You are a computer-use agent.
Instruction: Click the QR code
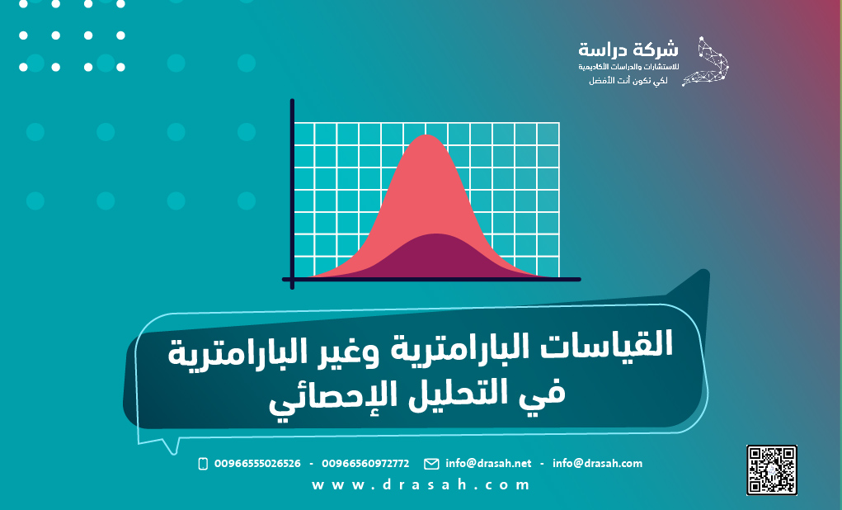(771, 470)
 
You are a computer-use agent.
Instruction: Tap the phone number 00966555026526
(256, 464)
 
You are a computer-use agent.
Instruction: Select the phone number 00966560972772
(365, 464)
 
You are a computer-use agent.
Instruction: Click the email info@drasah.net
(488, 464)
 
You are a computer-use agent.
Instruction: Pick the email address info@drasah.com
(597, 464)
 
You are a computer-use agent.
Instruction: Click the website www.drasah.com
(421, 485)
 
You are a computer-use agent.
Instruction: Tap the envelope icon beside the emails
(431, 464)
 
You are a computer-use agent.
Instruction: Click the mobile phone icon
(203, 464)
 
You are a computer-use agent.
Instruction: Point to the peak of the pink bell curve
(426, 137)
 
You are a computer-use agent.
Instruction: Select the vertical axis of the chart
(292, 190)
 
